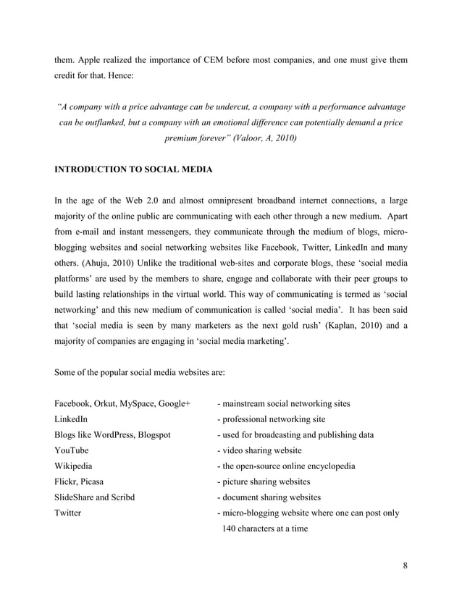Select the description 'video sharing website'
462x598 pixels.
pos(264,450)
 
